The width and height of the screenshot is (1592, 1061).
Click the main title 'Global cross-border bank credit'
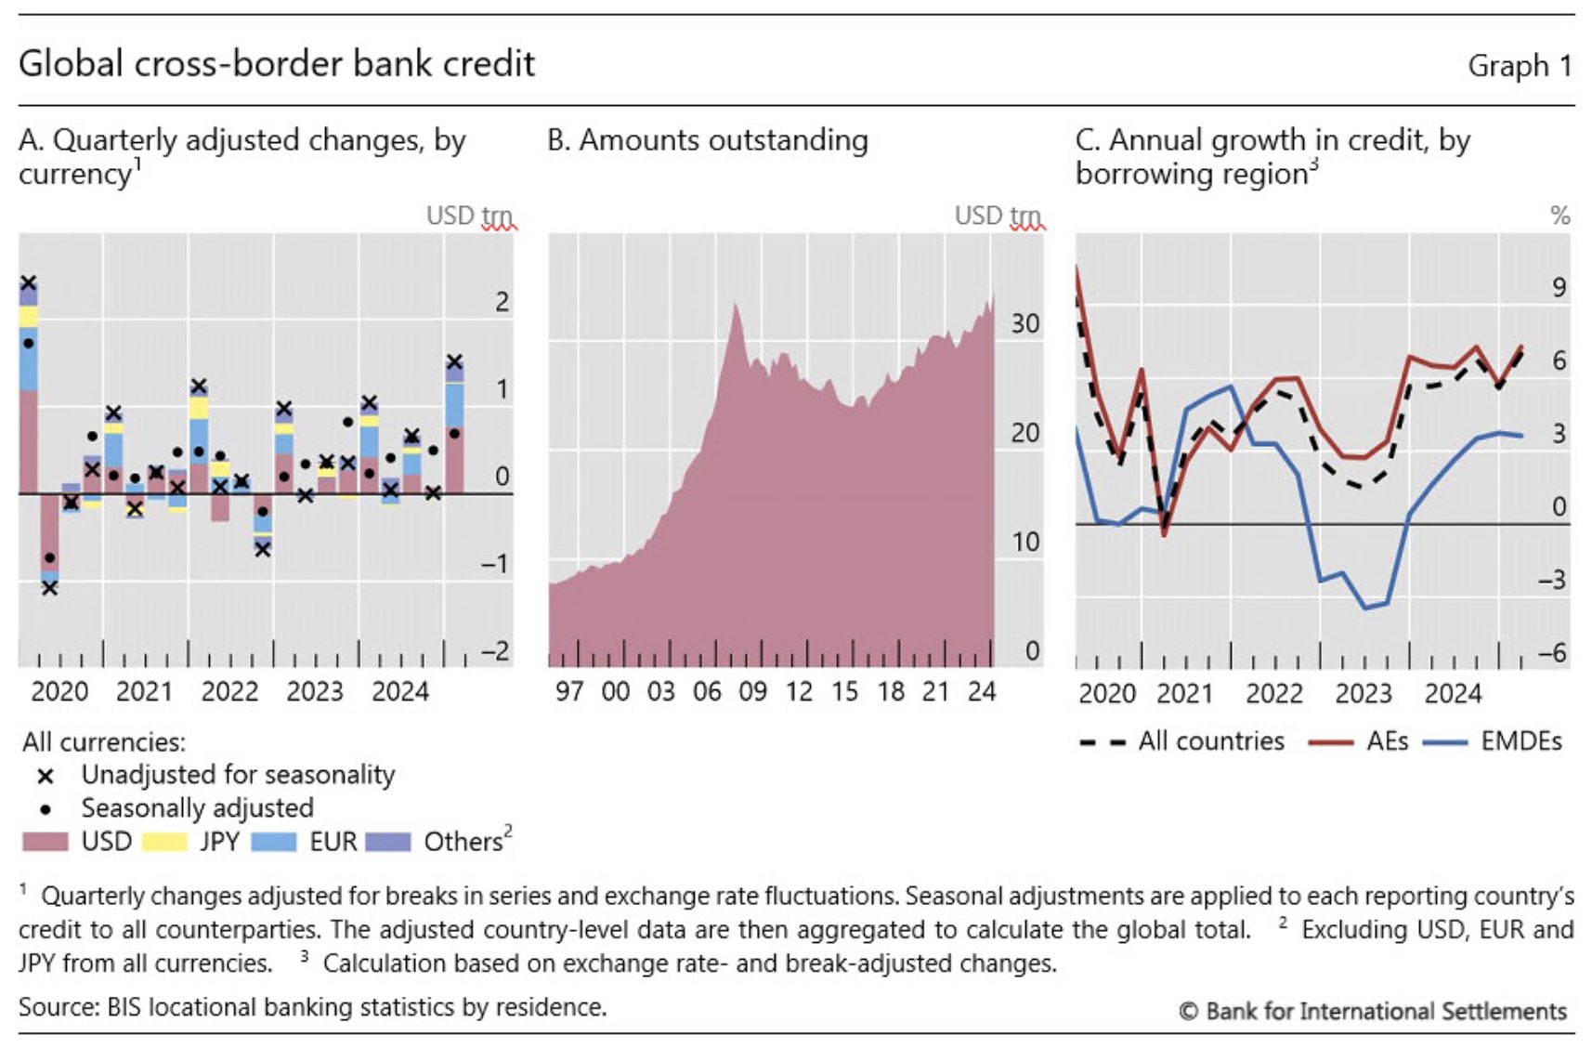[277, 63]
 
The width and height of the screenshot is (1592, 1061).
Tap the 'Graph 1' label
[1520, 66]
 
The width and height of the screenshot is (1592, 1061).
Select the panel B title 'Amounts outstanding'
[708, 140]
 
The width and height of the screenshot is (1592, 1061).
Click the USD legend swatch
[45, 842]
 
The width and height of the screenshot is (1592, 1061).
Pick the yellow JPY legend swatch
[163, 842]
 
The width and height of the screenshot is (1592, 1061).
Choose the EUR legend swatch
[274, 842]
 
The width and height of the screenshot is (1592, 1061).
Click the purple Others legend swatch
[388, 842]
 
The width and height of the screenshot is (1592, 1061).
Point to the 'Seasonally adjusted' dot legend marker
[45, 809]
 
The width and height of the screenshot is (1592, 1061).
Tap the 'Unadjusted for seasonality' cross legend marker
[45, 776]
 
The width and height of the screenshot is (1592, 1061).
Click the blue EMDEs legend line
[1445, 742]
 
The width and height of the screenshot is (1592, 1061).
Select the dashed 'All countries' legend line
[1103, 742]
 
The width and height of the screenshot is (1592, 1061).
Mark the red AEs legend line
[1330, 742]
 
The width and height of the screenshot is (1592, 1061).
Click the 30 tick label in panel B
[1024, 324]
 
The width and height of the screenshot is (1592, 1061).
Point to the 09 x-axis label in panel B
[752, 692]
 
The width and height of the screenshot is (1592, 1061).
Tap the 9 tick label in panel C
[1559, 288]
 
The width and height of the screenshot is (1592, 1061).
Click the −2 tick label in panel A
[495, 651]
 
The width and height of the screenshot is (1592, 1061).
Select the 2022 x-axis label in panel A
[229, 692]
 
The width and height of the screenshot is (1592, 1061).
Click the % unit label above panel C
[1559, 216]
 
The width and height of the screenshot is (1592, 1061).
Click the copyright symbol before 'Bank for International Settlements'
[1188, 1011]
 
